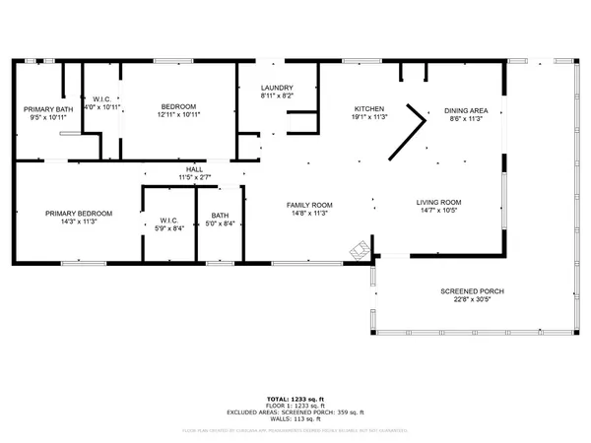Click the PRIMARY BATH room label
click(x=42, y=108)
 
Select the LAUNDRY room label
click(x=277, y=87)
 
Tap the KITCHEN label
click(x=368, y=108)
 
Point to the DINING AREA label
click(x=466, y=109)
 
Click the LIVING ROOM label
click(x=438, y=203)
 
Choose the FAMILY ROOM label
click(x=309, y=205)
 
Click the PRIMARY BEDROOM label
click(x=77, y=213)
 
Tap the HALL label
click(x=195, y=169)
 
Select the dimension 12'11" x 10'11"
click(x=179, y=115)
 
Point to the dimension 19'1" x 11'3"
click(x=368, y=116)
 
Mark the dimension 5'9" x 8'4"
click(x=168, y=228)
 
